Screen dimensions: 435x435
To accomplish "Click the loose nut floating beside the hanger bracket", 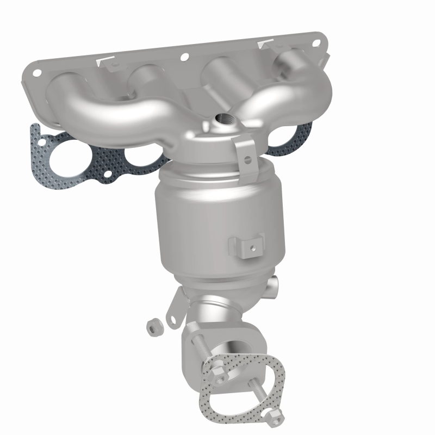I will (x=153, y=327).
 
